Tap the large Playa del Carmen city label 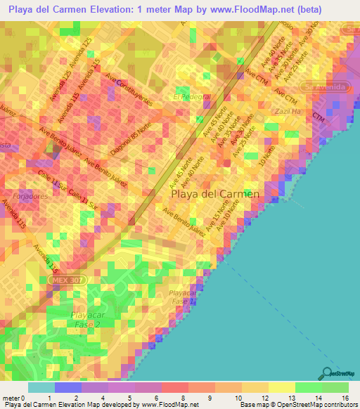coord(216,193)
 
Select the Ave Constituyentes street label coord(129,88)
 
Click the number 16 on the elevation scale coord(346,398)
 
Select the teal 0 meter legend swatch coord(41,387)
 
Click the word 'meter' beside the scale coord(12,398)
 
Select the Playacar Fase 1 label coord(181,296)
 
